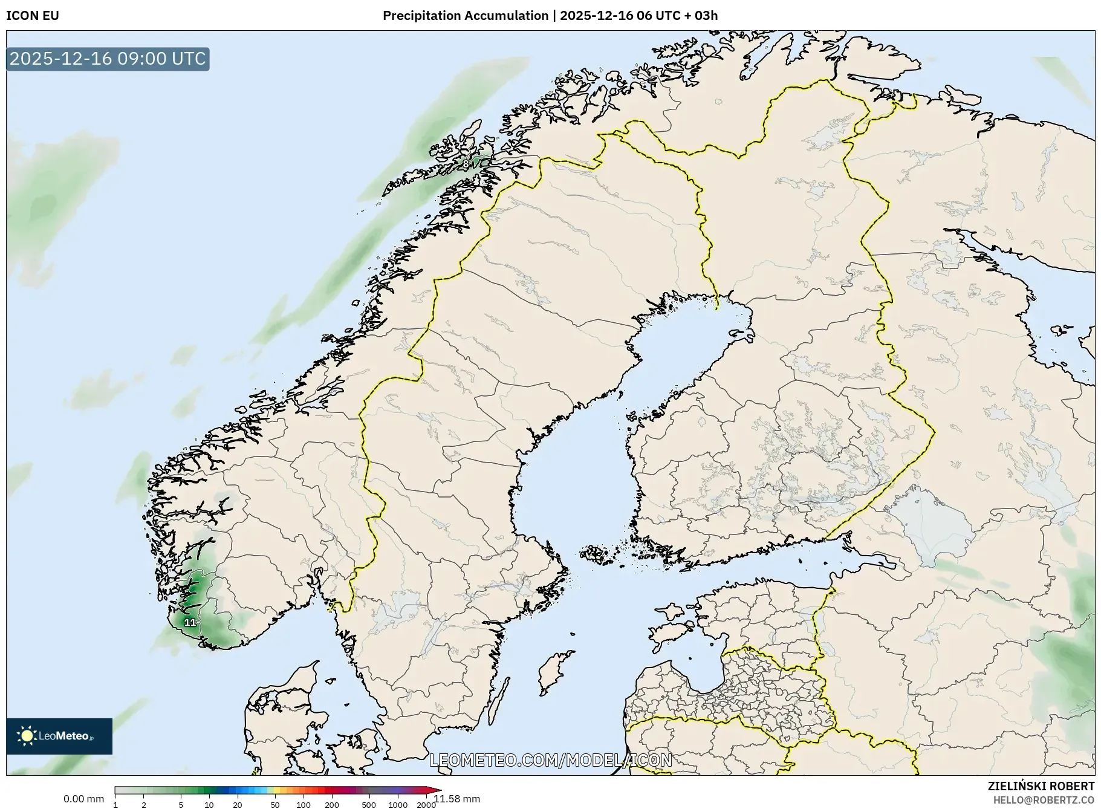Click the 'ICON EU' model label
(33, 16)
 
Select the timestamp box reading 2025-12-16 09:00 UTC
(108, 59)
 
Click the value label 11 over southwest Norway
(190, 622)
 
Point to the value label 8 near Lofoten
(466, 163)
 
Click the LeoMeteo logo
(59, 736)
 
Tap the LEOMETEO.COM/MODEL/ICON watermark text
(550, 760)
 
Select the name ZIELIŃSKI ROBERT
(1041, 786)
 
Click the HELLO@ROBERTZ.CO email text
(1044, 800)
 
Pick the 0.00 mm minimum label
(83, 799)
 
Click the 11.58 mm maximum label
(457, 799)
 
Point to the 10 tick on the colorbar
(209, 805)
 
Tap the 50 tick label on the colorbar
(275, 805)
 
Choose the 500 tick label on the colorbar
(369, 805)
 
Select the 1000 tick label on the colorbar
(398, 805)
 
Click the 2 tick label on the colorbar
(144, 805)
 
